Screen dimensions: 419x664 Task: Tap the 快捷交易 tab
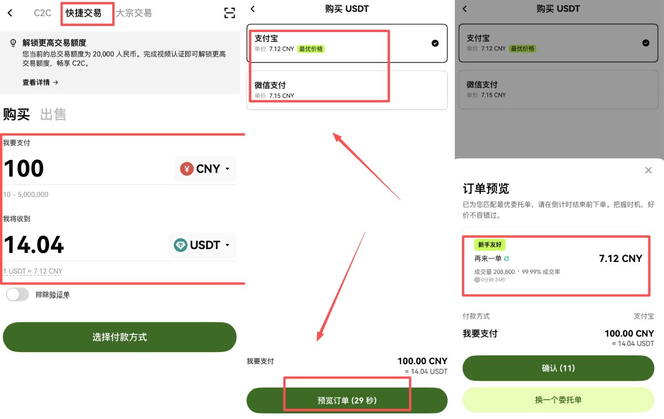[x=84, y=13]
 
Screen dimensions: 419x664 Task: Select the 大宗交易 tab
[x=133, y=13]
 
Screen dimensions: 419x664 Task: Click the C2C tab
[x=43, y=13]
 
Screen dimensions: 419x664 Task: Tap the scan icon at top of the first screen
[x=230, y=13]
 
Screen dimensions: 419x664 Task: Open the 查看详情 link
[x=40, y=82]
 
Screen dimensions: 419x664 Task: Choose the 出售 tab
[x=53, y=115]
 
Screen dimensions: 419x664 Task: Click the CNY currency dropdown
[x=205, y=169]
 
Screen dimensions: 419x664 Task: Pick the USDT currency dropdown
[x=202, y=245]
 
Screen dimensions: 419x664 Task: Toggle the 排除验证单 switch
[x=17, y=295]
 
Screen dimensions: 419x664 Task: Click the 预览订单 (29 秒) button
[x=347, y=400]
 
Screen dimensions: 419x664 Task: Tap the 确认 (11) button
[x=558, y=368]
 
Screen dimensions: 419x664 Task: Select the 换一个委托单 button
[x=558, y=400]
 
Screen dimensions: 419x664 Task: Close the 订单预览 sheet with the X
[x=649, y=170]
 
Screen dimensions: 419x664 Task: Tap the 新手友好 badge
[x=490, y=245]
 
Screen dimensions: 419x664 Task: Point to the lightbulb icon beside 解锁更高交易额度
[x=13, y=43]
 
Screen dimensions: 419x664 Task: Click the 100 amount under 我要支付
[x=24, y=169]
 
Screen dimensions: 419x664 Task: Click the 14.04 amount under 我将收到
[x=34, y=245]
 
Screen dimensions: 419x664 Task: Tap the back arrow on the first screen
[x=10, y=13]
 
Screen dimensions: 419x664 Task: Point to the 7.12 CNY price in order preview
[x=620, y=258]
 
